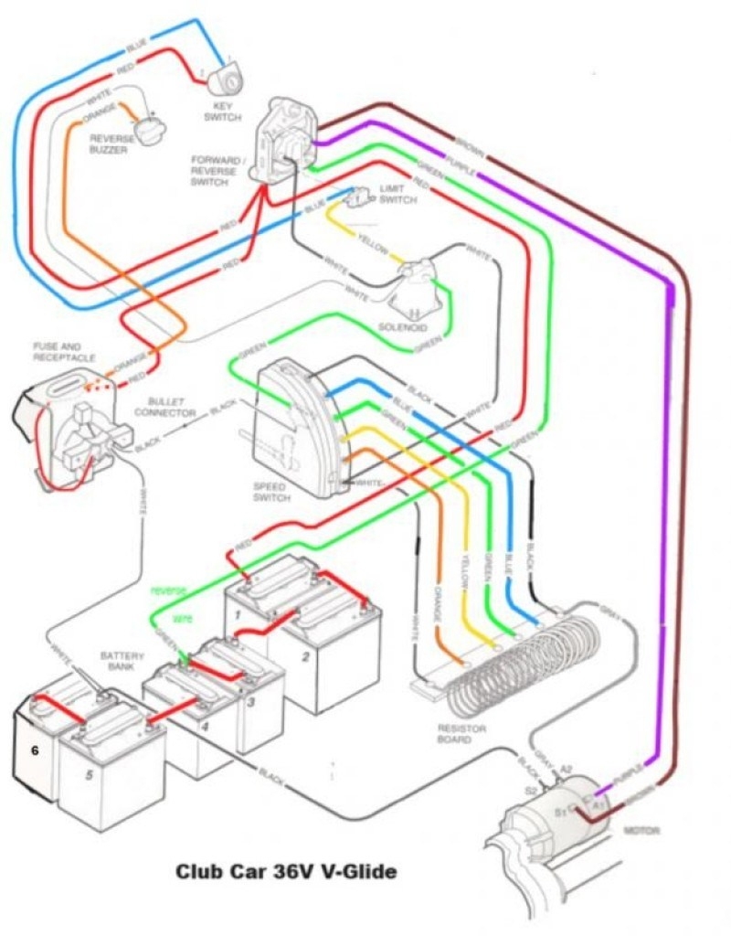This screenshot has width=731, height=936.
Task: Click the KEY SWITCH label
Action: [224, 112]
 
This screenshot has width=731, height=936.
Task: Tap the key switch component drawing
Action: [223, 80]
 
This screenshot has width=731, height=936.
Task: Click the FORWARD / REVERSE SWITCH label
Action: [217, 170]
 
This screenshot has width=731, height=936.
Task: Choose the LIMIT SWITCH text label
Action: [397, 194]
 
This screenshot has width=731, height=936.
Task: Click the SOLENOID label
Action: [403, 326]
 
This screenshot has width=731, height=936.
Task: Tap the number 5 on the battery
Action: [90, 775]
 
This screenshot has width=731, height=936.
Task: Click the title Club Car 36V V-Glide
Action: [286, 872]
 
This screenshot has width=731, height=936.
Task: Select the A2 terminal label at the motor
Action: [566, 770]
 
